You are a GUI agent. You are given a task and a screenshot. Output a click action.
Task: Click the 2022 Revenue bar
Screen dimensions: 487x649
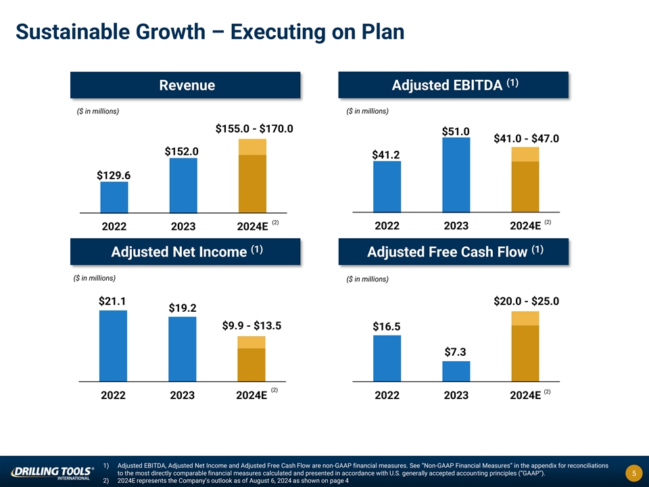(114, 198)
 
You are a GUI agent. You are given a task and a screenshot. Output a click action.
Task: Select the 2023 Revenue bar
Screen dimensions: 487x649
(183, 185)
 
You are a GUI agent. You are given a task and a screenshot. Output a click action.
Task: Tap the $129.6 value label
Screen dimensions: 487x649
(114, 175)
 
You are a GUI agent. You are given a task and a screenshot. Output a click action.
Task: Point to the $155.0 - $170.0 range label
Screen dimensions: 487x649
(254, 128)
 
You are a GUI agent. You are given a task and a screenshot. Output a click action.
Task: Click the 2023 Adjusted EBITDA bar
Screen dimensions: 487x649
(456, 175)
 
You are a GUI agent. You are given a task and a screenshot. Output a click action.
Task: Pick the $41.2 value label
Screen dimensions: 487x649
(386, 155)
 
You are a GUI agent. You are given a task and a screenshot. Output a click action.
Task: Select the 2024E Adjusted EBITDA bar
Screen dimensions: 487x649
(525, 180)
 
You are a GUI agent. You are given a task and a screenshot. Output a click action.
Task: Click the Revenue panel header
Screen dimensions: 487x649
(186, 85)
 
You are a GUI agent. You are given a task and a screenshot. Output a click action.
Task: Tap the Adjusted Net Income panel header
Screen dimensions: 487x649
(186, 252)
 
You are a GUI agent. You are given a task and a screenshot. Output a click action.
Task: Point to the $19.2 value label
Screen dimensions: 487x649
(183, 308)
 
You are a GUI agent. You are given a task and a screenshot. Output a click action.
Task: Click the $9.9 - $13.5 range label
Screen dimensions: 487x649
(251, 326)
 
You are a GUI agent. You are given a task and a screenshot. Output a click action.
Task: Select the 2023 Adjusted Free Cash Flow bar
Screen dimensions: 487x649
(456, 371)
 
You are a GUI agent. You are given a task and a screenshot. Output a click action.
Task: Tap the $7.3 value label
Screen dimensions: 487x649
(456, 352)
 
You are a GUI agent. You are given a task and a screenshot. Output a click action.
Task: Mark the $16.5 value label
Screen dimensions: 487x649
(386, 327)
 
